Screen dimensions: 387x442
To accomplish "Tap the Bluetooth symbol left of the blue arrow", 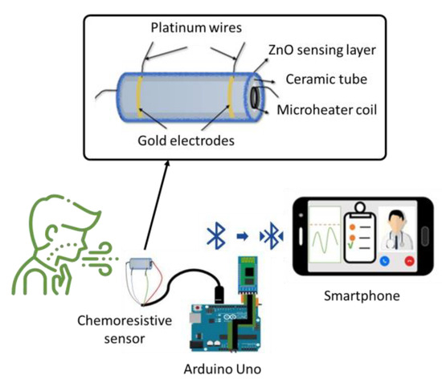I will point(215,235).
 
